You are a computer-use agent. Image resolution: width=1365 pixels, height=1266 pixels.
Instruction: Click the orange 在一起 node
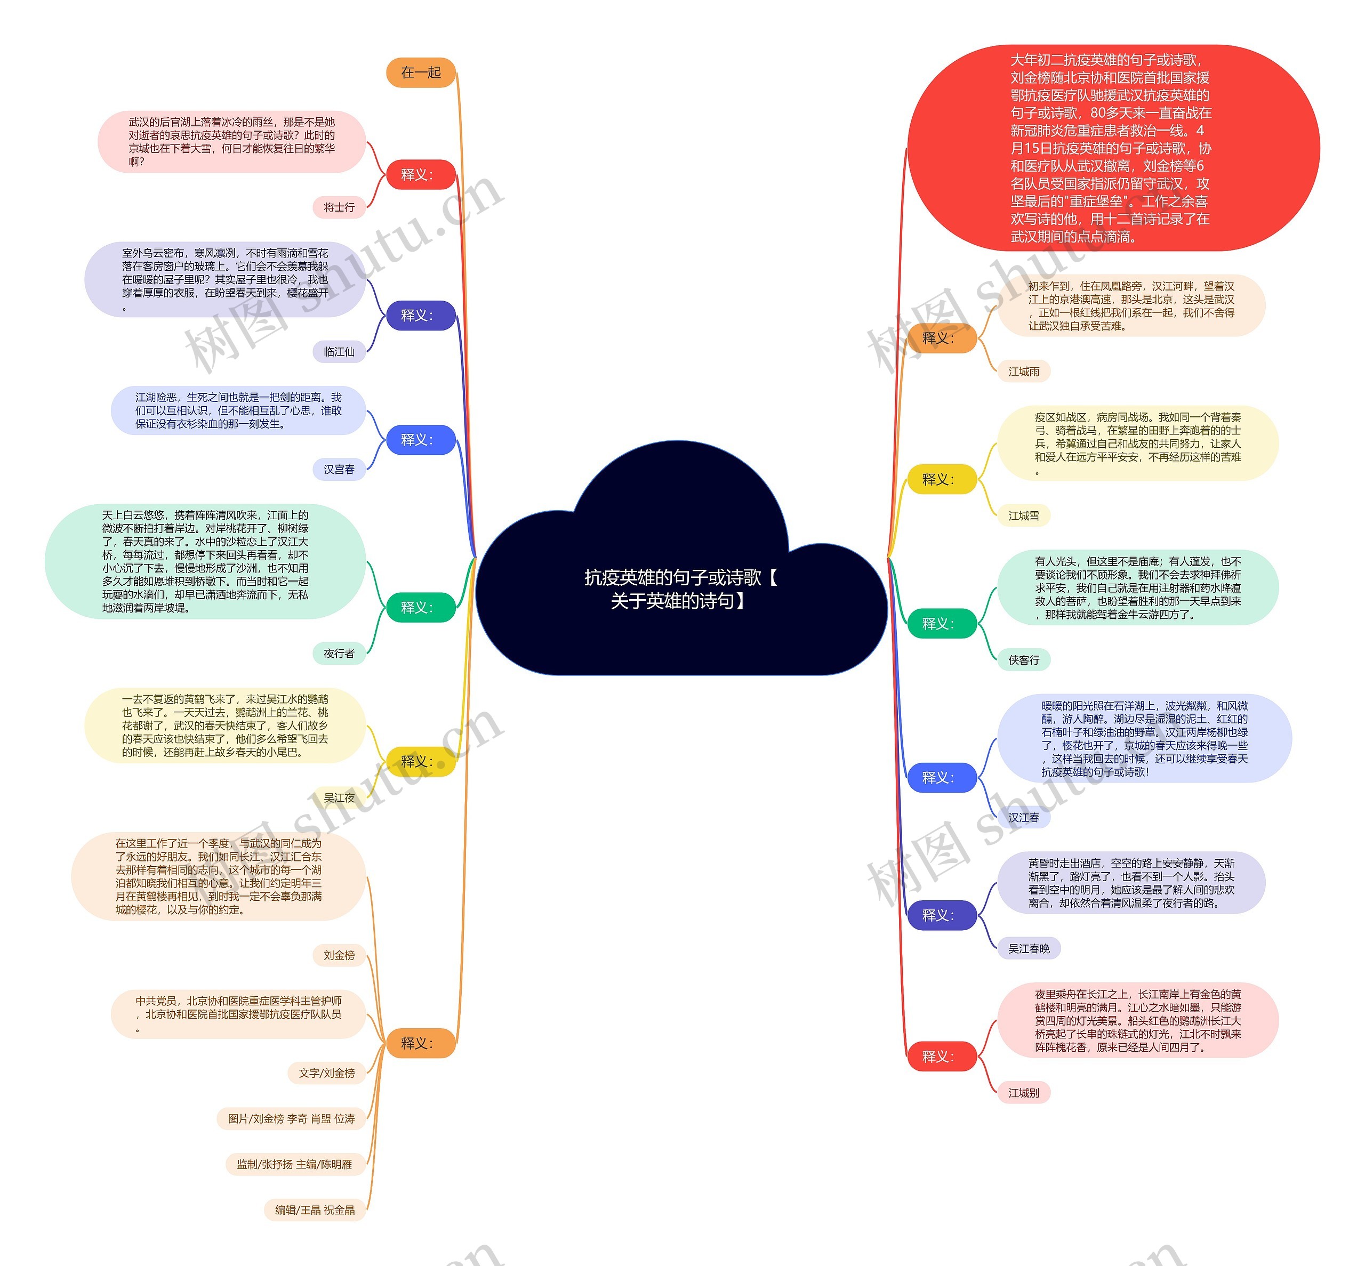tap(421, 72)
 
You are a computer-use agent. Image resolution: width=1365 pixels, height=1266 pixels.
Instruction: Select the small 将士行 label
tap(339, 207)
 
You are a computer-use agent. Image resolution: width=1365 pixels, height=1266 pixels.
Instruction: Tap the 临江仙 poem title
tap(339, 351)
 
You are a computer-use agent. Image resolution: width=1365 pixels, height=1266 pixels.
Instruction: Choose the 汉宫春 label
tap(339, 469)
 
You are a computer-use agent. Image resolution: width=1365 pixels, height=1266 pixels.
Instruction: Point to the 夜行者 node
tap(339, 654)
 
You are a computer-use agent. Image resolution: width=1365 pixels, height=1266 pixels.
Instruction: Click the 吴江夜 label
tap(339, 797)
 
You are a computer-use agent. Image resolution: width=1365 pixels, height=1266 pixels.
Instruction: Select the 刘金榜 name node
tap(339, 955)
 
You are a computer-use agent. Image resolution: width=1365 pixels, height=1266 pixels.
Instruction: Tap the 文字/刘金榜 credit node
tap(326, 1073)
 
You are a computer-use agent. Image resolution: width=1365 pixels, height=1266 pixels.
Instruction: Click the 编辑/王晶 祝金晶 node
tap(315, 1210)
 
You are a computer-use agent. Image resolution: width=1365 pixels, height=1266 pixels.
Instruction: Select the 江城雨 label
tap(1024, 372)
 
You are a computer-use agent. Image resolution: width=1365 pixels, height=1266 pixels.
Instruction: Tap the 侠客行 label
tap(1024, 660)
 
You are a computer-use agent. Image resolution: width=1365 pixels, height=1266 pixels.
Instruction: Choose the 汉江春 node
tap(1024, 817)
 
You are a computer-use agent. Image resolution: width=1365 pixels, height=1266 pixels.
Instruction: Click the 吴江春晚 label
tap(1029, 948)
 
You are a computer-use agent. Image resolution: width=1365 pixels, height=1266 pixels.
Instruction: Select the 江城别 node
tap(1024, 1093)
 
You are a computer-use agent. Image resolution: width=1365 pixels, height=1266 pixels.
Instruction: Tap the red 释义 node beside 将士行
tap(421, 175)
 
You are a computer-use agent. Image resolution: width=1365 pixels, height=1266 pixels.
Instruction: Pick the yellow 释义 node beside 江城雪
tap(942, 480)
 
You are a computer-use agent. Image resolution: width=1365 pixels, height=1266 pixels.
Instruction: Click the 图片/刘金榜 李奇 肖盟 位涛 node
tap(291, 1119)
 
